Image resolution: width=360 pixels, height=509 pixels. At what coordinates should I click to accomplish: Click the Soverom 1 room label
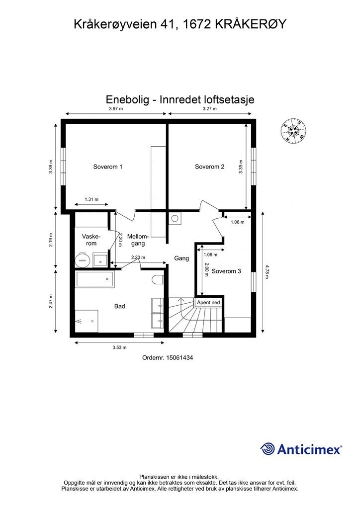(108, 167)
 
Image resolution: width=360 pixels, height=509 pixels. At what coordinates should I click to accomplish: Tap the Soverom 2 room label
(209, 167)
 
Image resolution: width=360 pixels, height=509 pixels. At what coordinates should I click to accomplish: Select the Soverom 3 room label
(226, 271)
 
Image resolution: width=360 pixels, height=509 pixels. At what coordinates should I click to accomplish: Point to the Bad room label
(119, 307)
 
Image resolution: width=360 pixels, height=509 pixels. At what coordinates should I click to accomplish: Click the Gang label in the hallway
(181, 258)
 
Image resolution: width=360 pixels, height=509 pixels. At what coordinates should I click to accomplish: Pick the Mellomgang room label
(135, 240)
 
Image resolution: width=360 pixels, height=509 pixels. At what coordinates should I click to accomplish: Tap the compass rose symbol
(293, 131)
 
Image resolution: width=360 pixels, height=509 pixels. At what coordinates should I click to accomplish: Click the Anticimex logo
(301, 449)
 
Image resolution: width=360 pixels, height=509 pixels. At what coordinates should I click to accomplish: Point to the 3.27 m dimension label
(210, 109)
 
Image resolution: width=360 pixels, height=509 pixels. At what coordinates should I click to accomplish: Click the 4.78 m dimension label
(267, 272)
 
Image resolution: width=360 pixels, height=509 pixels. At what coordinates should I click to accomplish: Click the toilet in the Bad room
(158, 279)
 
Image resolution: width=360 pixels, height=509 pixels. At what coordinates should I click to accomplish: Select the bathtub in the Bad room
(94, 279)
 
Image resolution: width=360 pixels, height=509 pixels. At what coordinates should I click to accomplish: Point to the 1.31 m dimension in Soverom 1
(91, 199)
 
